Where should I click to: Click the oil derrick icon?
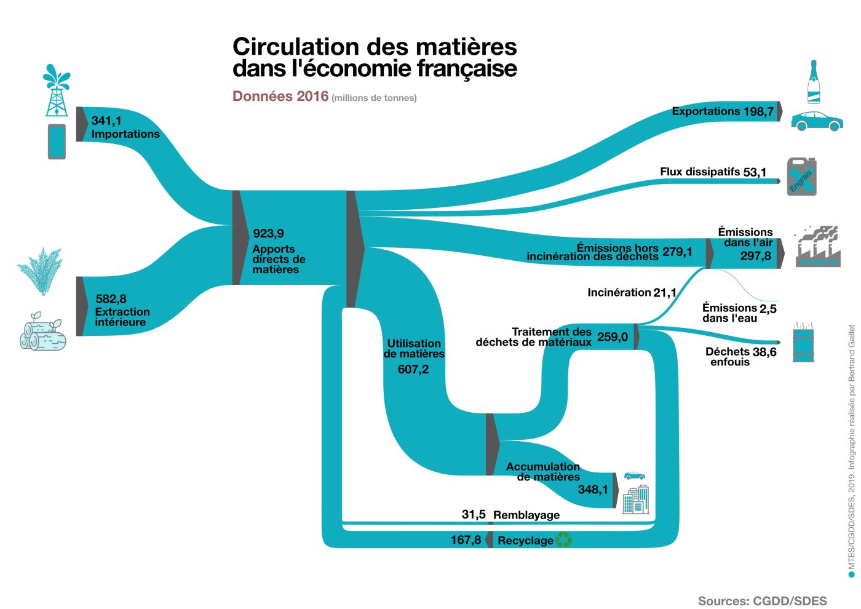point(57,91)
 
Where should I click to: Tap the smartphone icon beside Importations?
point(57,141)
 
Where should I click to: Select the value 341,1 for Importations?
point(106,121)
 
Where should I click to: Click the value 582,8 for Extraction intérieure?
point(111,299)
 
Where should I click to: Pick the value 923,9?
point(268,233)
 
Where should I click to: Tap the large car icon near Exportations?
point(816,121)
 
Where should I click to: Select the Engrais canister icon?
point(802,177)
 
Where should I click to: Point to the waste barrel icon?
point(803,343)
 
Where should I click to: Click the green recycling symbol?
point(564,540)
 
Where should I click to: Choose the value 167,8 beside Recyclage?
point(466,540)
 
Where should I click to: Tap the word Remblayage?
point(526,515)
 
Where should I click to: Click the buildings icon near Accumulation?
point(636,500)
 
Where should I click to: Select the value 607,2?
point(413,369)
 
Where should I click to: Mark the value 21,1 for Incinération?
point(665,293)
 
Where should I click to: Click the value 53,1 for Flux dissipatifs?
point(755,172)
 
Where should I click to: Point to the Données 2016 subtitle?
point(280,97)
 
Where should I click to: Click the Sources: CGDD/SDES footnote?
point(762,601)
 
